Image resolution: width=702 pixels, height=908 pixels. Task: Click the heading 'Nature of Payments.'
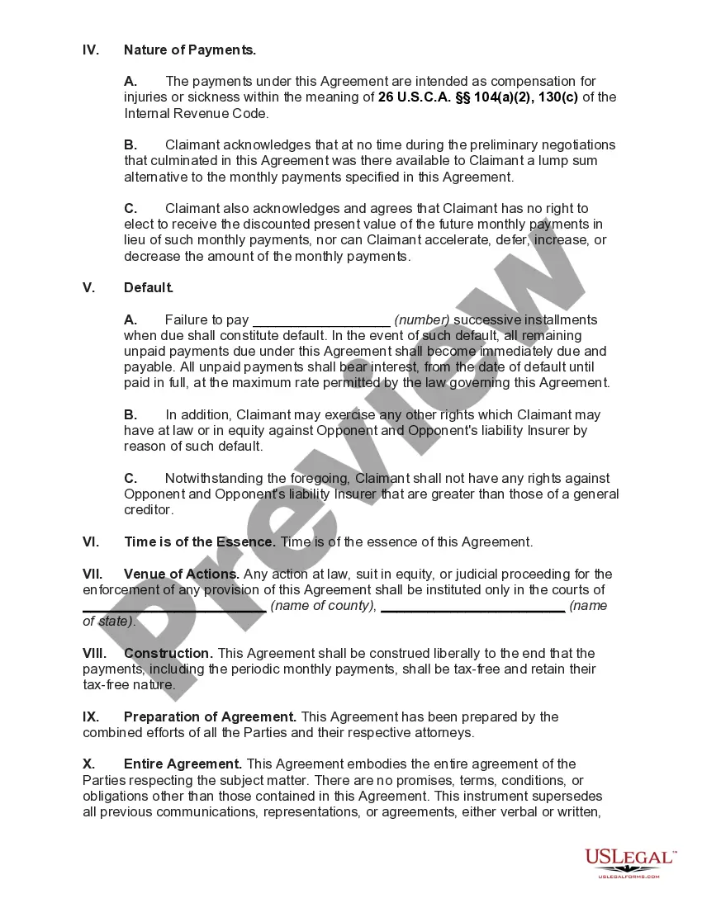pos(189,50)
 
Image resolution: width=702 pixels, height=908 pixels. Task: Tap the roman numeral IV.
pos(91,50)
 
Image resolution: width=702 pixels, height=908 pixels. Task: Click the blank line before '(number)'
pos(320,320)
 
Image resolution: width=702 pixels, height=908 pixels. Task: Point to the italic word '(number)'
pos(422,320)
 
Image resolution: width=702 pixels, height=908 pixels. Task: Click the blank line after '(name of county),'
pos(472,607)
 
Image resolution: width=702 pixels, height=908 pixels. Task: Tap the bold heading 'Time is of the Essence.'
pos(200,542)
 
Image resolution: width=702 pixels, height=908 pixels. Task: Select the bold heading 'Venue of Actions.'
pos(182,574)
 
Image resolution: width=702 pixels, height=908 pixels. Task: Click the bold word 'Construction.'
pos(168,653)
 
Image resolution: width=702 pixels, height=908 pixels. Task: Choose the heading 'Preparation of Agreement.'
pos(211,716)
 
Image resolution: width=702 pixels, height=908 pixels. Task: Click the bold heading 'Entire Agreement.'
pos(183,764)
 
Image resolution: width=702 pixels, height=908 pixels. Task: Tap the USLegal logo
pos(629,862)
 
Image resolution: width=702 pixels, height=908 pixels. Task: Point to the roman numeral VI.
pos(91,542)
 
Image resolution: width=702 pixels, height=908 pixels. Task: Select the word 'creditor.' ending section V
pos(149,510)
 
